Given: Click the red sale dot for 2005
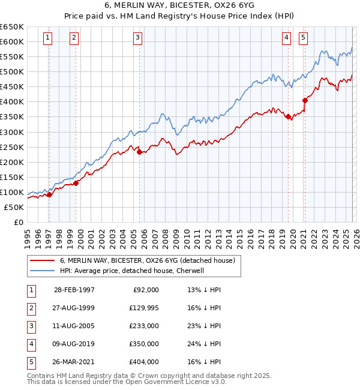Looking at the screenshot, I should coord(140,152).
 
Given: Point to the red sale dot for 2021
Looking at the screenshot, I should coord(305,101).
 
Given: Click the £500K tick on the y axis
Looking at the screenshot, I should coord(12,72).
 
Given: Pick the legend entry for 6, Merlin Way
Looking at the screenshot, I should coord(150,260).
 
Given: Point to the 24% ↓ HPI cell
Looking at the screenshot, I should coord(204,344).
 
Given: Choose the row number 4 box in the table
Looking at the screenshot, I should coord(30,344).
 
